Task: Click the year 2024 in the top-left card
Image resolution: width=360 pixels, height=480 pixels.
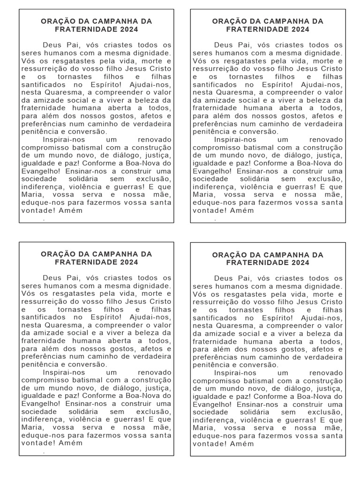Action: (129, 30)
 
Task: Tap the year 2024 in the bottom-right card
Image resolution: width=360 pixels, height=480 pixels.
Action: (300, 263)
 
